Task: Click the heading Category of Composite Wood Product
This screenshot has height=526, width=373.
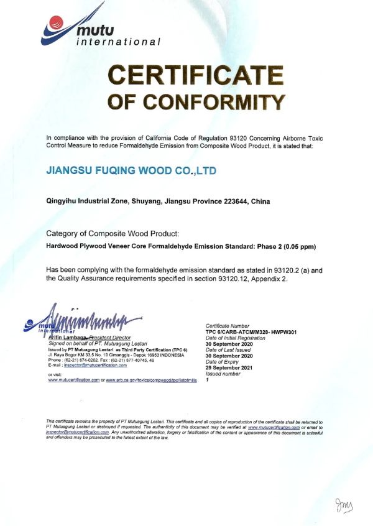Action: coord(113,234)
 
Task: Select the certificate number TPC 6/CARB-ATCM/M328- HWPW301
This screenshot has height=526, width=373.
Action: coord(252,331)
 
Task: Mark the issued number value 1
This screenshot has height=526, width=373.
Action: coord(206,379)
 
